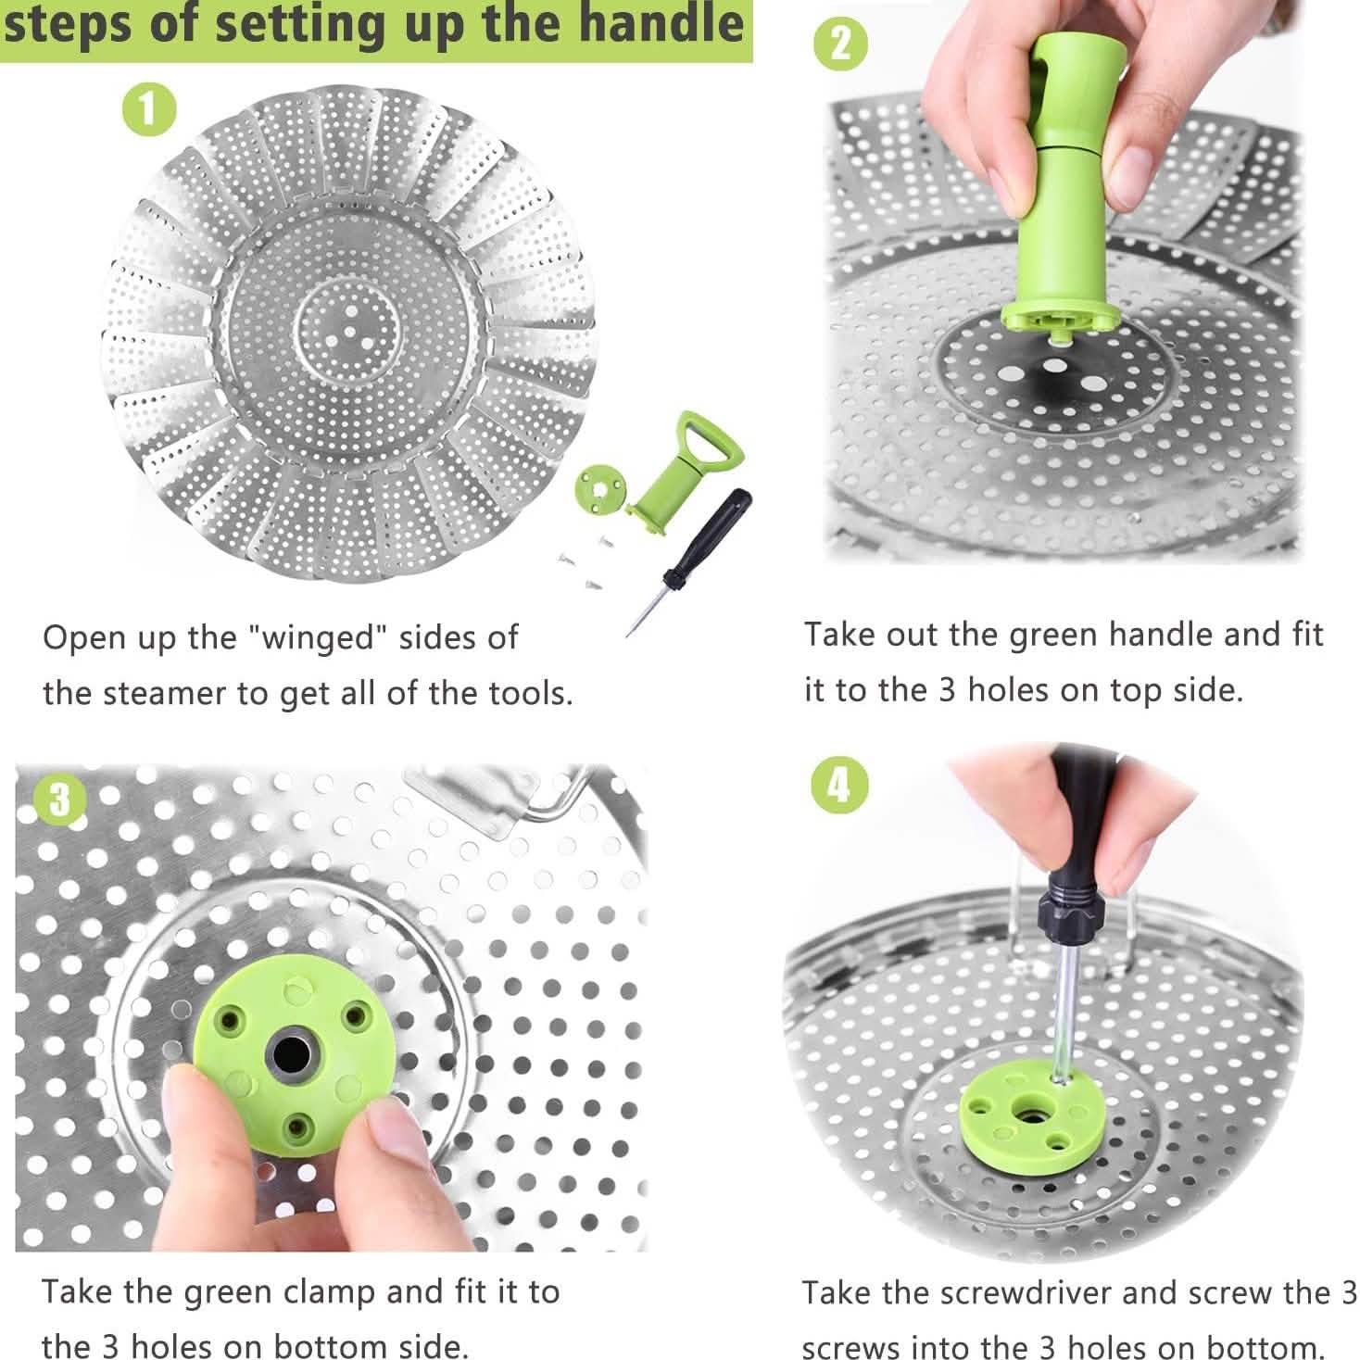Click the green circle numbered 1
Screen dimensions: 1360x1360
[x=149, y=110]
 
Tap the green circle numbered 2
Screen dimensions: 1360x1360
[x=840, y=44]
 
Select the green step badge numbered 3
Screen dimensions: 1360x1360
[x=60, y=798]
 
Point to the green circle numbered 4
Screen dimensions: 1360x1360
[x=839, y=786]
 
